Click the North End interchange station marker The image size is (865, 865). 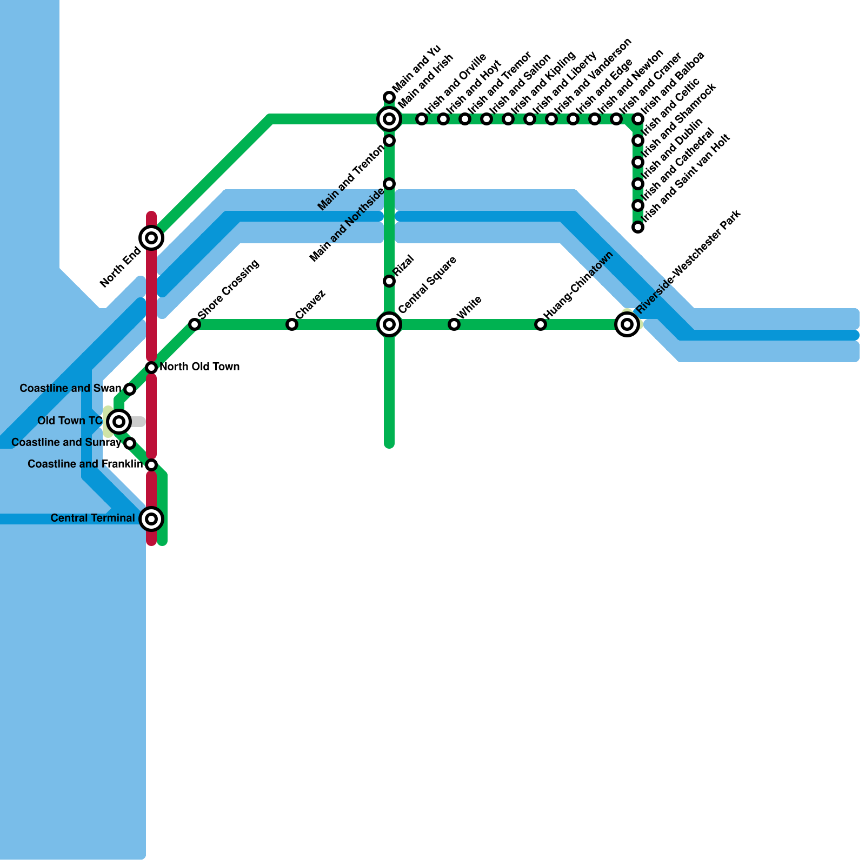click(151, 238)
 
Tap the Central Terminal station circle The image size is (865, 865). click(151, 519)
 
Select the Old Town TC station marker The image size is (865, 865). click(119, 421)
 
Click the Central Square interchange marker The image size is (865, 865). click(389, 324)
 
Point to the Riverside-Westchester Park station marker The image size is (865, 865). click(627, 324)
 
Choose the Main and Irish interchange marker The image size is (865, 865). click(389, 119)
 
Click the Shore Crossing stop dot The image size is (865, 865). click(195, 324)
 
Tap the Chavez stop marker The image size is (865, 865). click(292, 324)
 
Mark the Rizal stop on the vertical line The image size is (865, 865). click(389, 281)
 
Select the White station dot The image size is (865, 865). click(454, 324)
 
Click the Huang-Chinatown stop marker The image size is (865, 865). click(541, 324)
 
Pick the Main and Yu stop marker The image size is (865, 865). click(389, 97)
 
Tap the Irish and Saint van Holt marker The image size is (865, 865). click(638, 227)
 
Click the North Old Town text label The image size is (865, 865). click(199, 367)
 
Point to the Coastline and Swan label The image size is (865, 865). click(70, 389)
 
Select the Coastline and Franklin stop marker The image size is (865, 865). click(151, 465)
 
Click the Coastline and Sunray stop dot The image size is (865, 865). click(130, 443)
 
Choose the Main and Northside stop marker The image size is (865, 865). click(389, 184)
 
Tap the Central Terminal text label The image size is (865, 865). click(92, 518)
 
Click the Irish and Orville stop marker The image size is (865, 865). click(422, 119)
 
